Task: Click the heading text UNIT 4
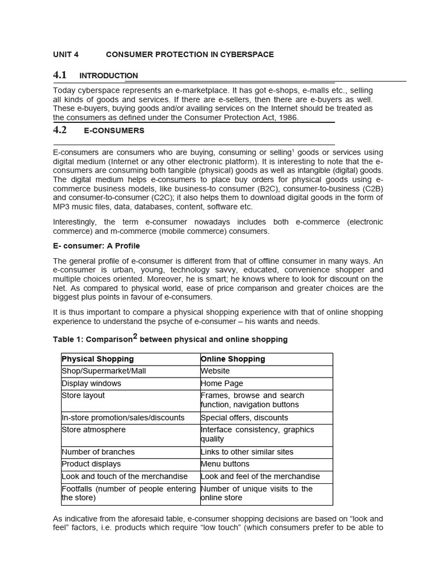click(66, 54)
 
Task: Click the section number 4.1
click(60, 75)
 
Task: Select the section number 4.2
click(60, 130)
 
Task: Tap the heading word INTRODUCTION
click(108, 75)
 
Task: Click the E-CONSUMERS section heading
click(114, 131)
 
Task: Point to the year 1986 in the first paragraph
click(288, 118)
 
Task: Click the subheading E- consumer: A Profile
click(96, 246)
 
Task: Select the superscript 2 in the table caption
click(135, 337)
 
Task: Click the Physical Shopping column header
click(98, 359)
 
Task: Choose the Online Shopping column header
click(233, 359)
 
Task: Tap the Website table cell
click(215, 371)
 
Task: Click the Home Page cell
click(222, 383)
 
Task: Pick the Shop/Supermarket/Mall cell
click(104, 371)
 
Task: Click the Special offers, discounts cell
click(244, 418)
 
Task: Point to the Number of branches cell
click(94, 452)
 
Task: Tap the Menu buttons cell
click(225, 464)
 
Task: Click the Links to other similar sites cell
click(247, 452)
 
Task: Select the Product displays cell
click(91, 464)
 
